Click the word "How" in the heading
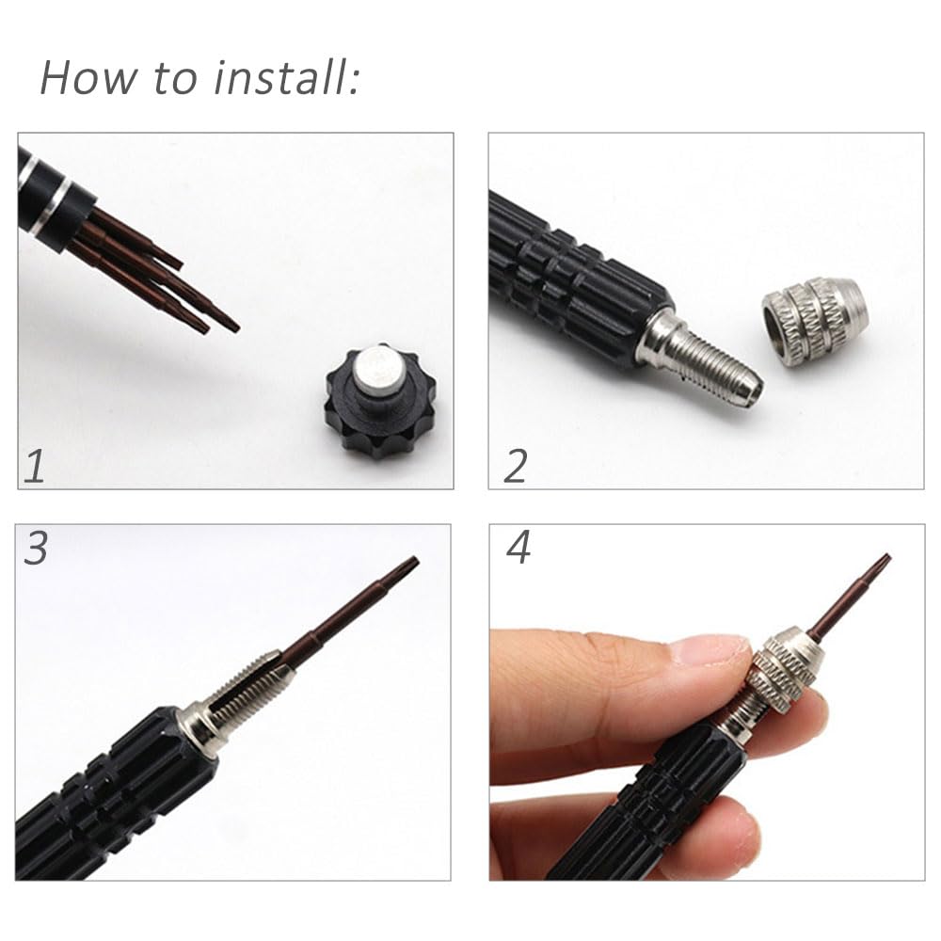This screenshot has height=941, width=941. [87, 77]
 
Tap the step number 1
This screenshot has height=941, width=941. [35, 466]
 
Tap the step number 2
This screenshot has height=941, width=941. [515, 466]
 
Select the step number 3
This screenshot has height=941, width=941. [36, 549]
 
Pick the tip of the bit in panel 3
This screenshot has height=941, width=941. [410, 564]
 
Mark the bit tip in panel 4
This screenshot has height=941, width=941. [882, 563]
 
